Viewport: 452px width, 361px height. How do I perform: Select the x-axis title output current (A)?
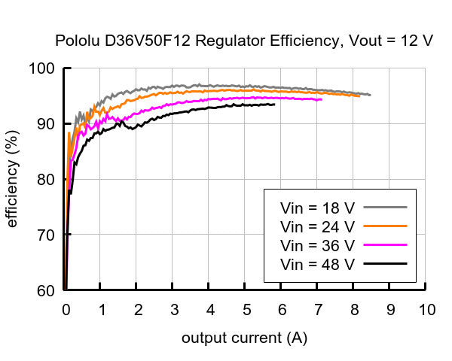pos(244,338)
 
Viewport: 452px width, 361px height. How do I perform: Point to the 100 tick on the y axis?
pos(46,69)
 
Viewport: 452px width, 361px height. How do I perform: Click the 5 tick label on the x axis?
pos(246,309)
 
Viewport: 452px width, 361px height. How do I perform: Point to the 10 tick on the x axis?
pos(426,309)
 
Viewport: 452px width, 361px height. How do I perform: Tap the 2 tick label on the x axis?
pos(138,309)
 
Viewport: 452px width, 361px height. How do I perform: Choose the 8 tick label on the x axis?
pos(354,309)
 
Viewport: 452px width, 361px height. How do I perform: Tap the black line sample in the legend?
pos(384,264)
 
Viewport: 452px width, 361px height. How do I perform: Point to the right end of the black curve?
pos(274,105)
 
